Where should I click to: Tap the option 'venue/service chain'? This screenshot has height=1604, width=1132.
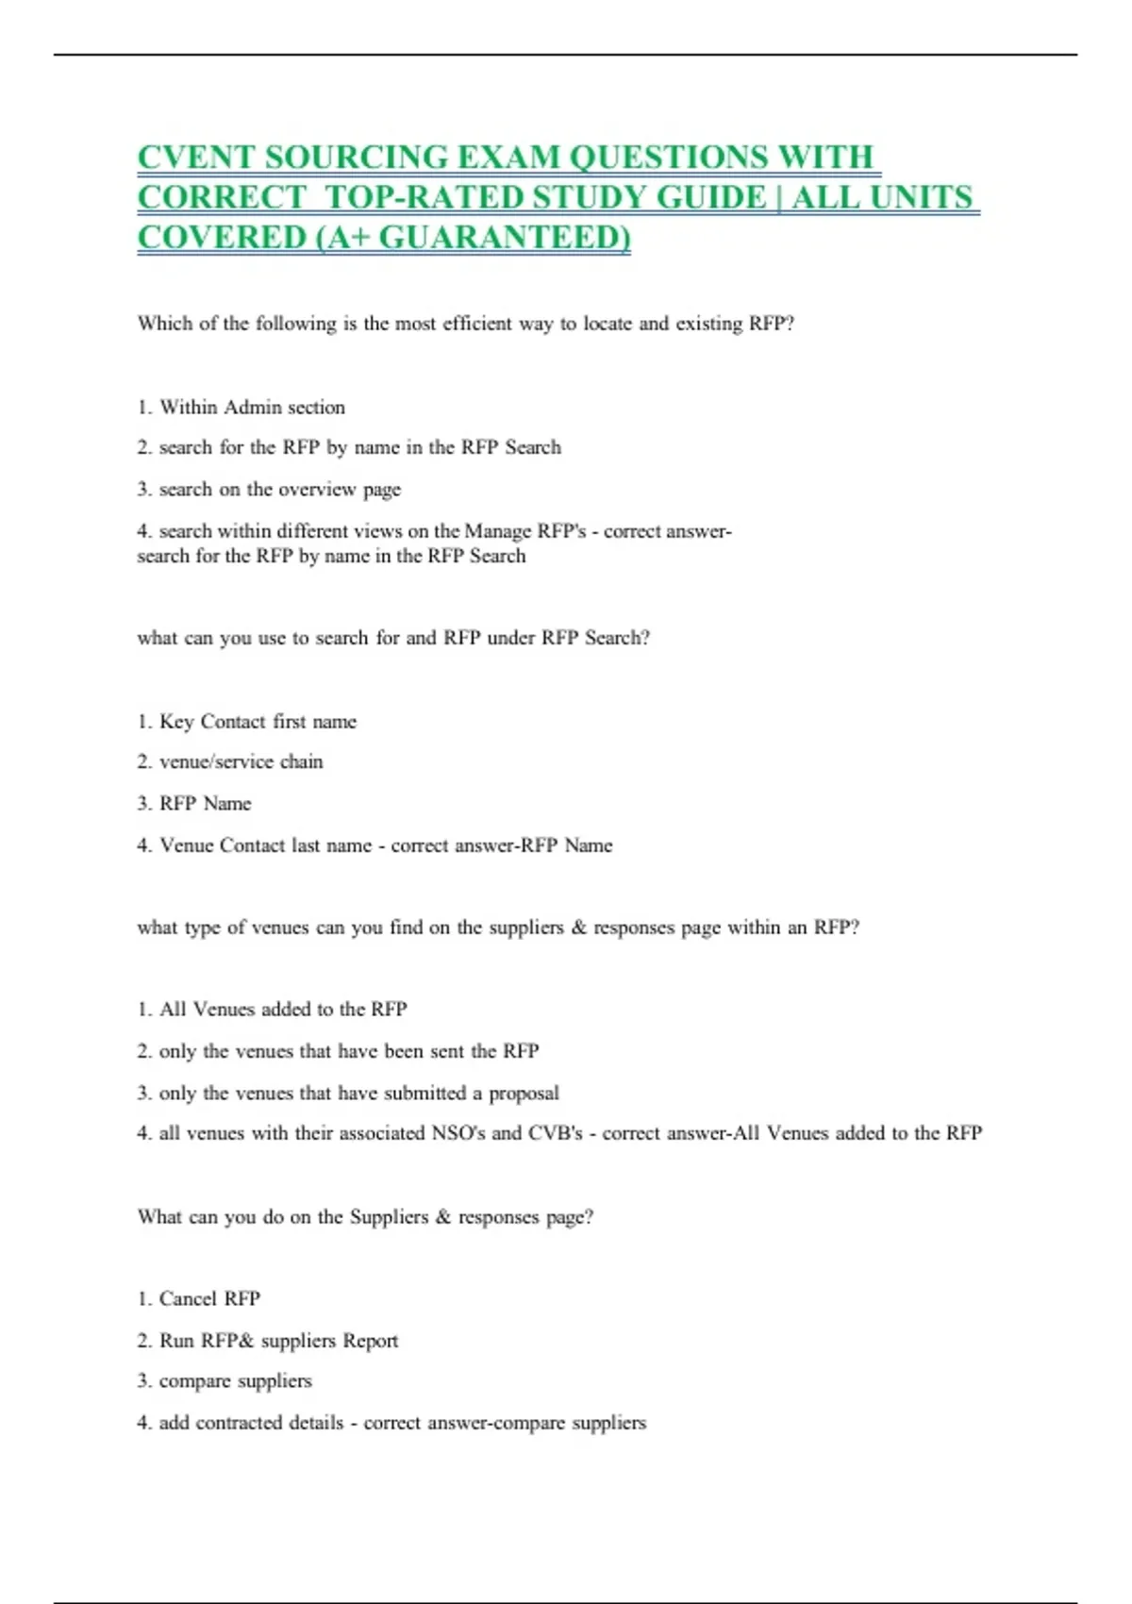pyautogui.click(x=241, y=761)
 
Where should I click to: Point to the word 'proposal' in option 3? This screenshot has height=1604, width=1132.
pyautogui.click(x=524, y=1094)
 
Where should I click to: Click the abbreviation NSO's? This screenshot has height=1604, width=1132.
pyautogui.click(x=458, y=1133)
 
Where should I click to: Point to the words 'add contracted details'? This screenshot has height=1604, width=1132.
pyautogui.click(x=251, y=1423)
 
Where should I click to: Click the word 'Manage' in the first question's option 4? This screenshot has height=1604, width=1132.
pyautogui.click(x=497, y=531)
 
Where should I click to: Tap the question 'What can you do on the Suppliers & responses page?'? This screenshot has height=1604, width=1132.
pyautogui.click(x=365, y=1217)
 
